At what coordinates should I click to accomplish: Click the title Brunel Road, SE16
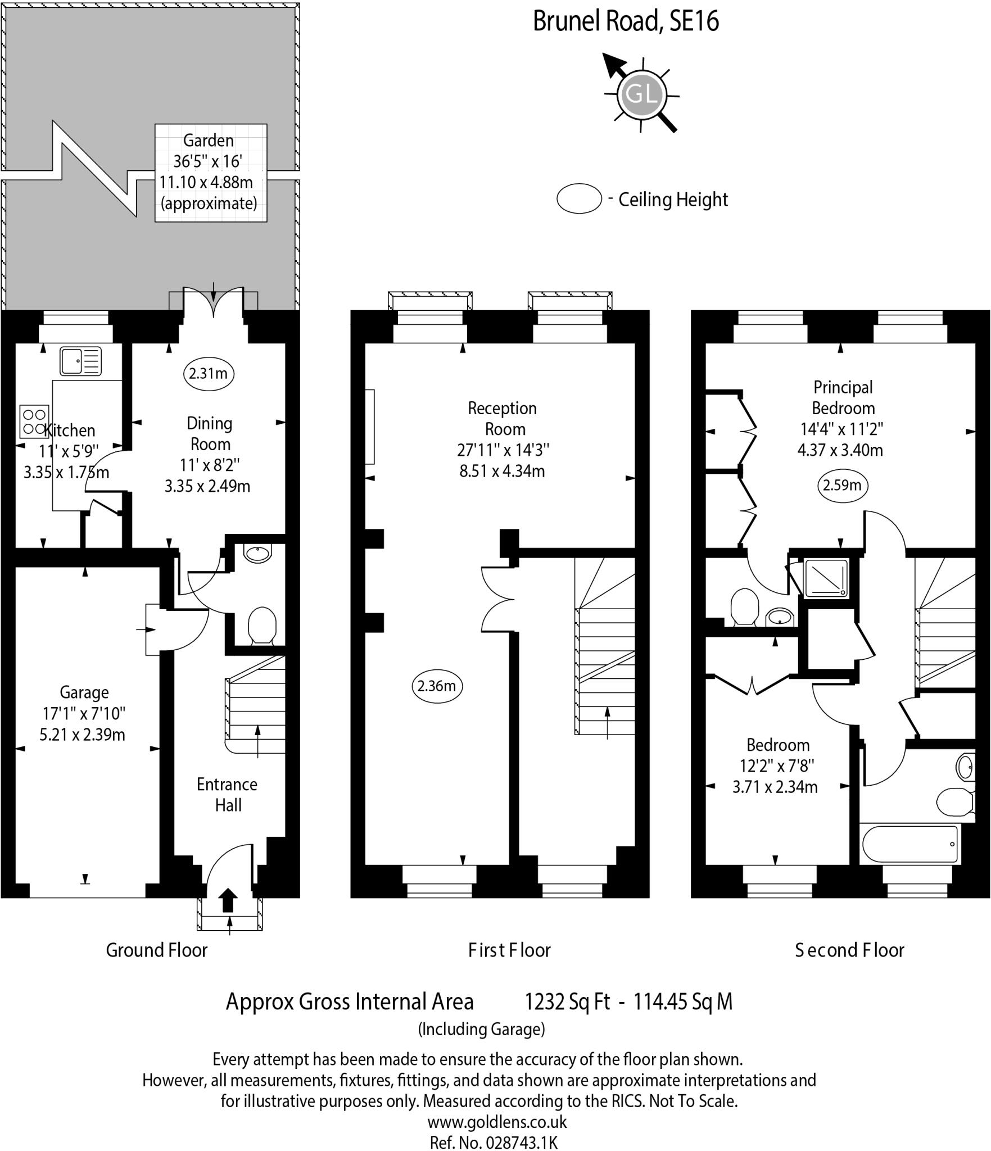626,22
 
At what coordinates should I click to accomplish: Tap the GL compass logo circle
641,94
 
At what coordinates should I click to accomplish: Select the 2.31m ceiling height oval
209,374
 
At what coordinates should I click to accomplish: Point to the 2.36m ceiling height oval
437,686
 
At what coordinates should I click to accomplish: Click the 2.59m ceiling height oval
842,485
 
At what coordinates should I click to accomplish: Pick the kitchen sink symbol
81,361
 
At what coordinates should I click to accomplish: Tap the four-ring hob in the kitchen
33,422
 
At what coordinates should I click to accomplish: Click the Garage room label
84,692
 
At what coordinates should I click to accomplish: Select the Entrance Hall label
227,795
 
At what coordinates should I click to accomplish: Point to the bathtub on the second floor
909,845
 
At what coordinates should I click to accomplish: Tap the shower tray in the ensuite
826,578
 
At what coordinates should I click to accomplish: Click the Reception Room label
503,419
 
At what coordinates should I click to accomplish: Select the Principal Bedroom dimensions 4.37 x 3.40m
840,450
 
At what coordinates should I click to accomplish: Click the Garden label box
211,173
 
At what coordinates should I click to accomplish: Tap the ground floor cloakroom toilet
262,624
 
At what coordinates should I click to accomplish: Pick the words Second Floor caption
849,950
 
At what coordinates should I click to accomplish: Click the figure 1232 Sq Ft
567,1002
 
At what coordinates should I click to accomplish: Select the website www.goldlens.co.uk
497,1122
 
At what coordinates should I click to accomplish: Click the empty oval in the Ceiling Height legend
579,198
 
